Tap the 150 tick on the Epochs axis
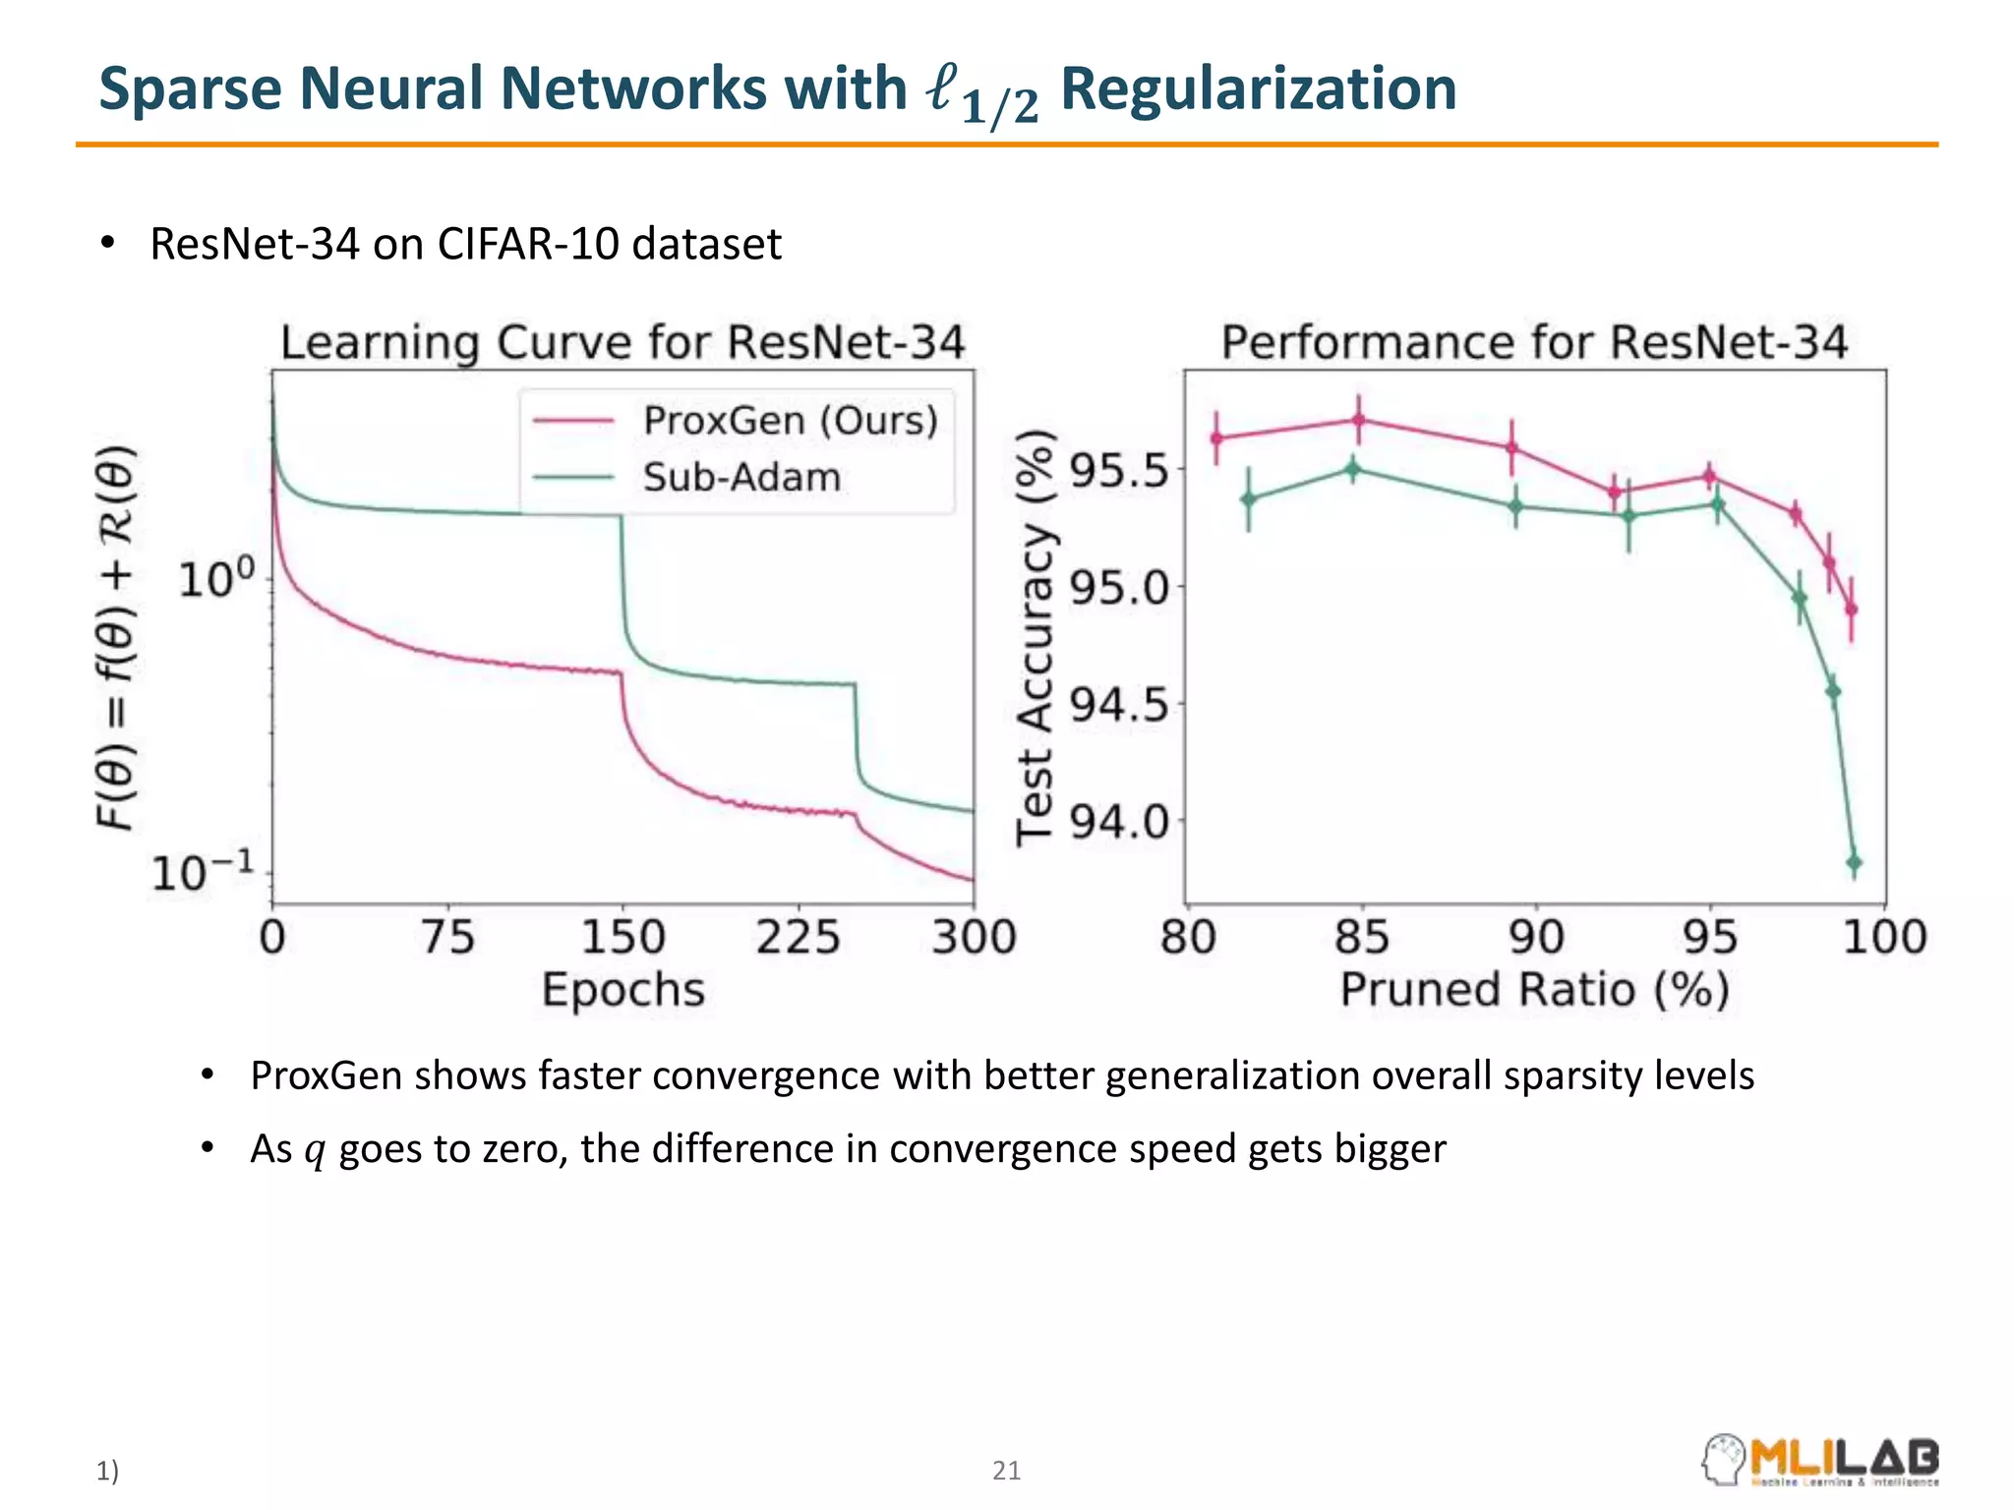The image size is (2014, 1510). [622, 937]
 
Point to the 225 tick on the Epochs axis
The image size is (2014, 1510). [798, 937]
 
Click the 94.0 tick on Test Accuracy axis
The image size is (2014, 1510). [1120, 821]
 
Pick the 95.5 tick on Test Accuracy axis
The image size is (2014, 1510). [1120, 471]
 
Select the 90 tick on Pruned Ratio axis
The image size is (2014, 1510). [1536, 937]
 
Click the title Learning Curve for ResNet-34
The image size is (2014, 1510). [622, 343]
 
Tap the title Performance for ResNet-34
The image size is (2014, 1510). [1534, 343]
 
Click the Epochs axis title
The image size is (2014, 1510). [623, 990]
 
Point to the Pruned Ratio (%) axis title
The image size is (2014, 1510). [1535, 990]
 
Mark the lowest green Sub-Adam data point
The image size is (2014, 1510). [1854, 863]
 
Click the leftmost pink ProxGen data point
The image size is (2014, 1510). [1216, 438]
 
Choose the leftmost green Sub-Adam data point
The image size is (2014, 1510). [1249, 499]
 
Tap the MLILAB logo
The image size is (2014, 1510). [1820, 1460]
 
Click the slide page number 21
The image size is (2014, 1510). [1006, 1471]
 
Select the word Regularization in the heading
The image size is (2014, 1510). [1258, 88]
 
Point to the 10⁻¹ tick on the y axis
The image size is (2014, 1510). [203, 872]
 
